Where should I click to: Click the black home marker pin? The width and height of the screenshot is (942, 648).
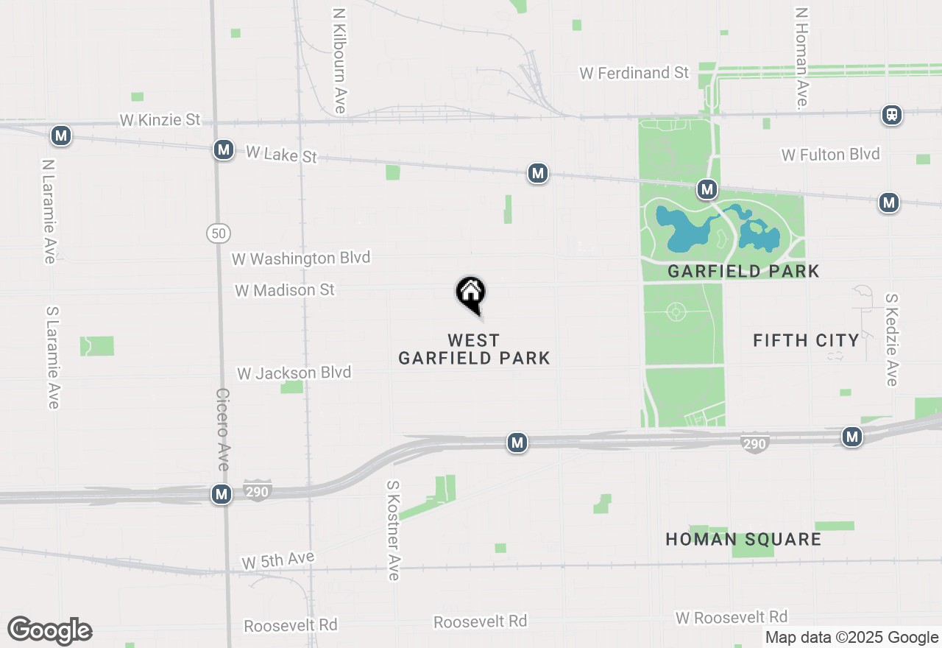click(x=471, y=295)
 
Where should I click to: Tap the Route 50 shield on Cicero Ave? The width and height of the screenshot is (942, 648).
click(x=218, y=233)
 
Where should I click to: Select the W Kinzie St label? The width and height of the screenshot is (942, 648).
click(x=160, y=119)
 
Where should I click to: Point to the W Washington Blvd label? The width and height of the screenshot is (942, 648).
click(x=301, y=258)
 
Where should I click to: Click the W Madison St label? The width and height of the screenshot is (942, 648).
click(x=285, y=290)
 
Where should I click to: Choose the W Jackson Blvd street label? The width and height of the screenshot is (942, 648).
click(x=294, y=373)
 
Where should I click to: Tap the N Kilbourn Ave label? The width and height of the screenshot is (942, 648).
click(x=339, y=61)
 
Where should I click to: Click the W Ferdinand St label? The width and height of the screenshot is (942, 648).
click(x=634, y=73)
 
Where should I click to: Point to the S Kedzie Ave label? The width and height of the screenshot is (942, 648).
click(x=892, y=339)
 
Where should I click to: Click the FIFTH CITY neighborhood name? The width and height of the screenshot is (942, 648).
click(x=807, y=340)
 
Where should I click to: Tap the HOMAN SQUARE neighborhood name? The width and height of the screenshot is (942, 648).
click(x=743, y=539)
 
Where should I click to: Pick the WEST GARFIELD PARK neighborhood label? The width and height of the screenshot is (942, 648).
click(x=474, y=350)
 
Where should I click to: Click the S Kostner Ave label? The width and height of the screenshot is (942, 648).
click(x=394, y=530)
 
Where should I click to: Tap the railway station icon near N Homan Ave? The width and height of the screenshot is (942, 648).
click(x=892, y=115)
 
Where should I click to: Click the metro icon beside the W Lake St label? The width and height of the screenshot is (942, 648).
click(x=224, y=150)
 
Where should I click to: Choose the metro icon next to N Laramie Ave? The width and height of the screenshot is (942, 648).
click(x=61, y=135)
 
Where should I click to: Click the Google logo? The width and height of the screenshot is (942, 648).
click(x=50, y=630)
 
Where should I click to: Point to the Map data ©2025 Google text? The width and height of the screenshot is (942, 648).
click(x=851, y=638)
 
